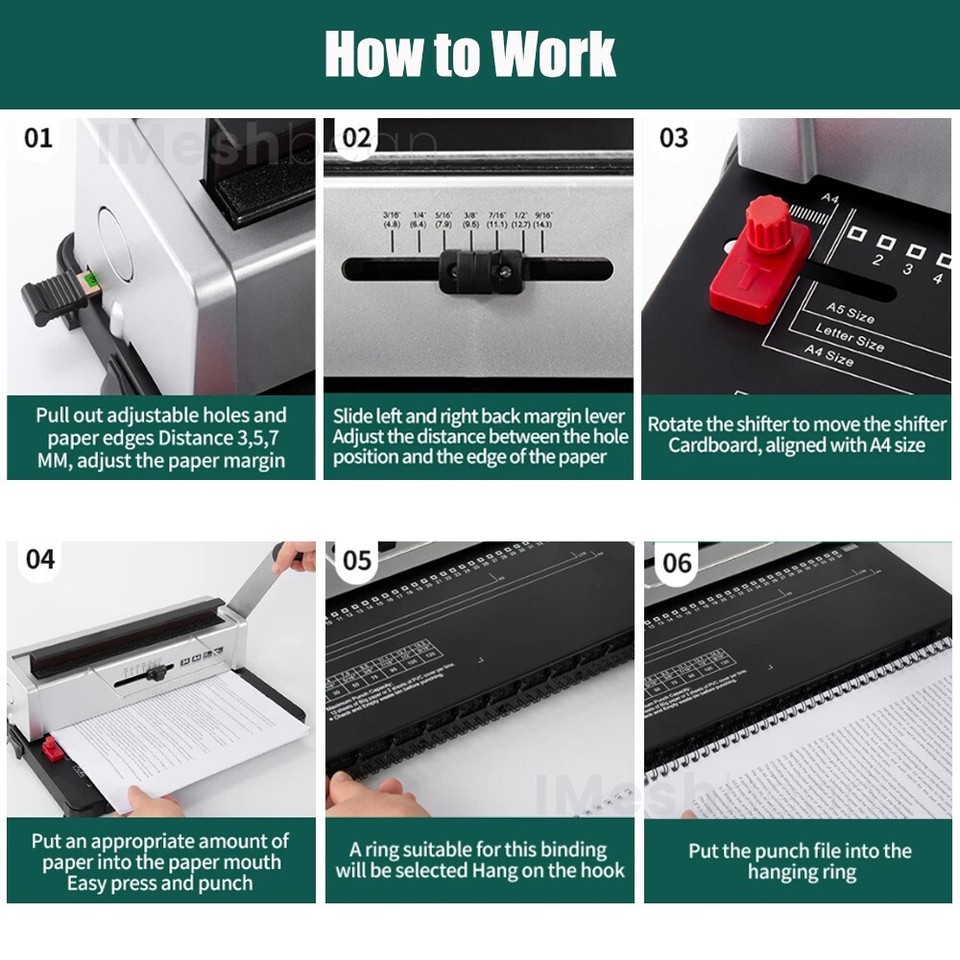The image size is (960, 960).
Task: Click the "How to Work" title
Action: pyautogui.click(x=470, y=54)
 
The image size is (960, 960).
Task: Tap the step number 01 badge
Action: pyautogui.click(x=38, y=137)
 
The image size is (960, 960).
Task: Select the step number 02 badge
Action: pyautogui.click(x=356, y=137)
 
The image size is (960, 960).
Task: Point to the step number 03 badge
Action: pyautogui.click(x=674, y=137)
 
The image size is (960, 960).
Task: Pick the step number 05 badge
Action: pyautogui.click(x=357, y=560)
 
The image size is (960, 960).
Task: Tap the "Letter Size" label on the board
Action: pyautogui.click(x=849, y=336)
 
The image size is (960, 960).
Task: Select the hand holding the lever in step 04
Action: pyautogui.click(x=294, y=556)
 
